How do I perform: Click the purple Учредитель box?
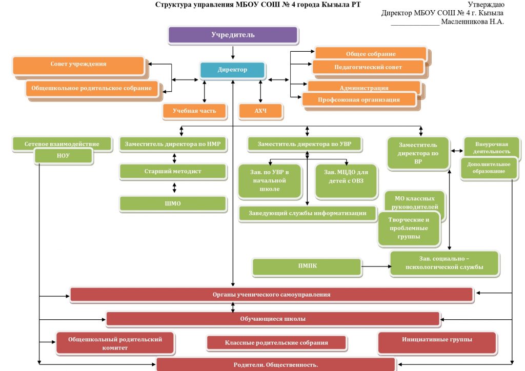233,35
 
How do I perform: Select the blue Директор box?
232,70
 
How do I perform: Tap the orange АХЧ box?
260,111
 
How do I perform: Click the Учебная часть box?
194,111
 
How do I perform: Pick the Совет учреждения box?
78,65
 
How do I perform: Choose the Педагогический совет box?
368,67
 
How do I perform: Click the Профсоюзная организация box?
358,99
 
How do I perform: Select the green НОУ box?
64,156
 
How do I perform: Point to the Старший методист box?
173,171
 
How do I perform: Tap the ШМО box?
173,203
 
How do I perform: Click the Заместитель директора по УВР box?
305,145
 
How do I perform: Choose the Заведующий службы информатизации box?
308,213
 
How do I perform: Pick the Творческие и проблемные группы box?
409,228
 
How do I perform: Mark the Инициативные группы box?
437,340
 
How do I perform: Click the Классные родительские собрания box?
276,342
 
